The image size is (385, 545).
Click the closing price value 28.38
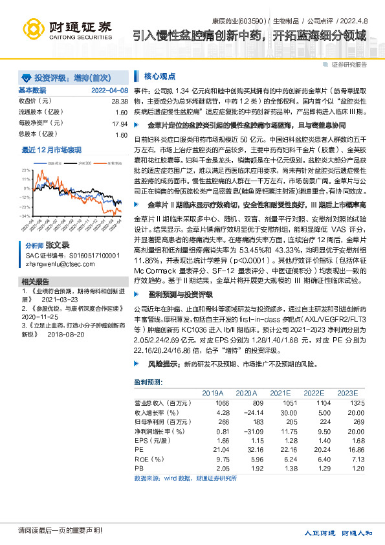tap(119, 102)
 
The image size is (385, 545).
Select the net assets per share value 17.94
tap(119, 124)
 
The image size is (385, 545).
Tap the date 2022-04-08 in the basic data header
tap(109, 91)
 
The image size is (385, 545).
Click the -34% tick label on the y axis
tap(26, 216)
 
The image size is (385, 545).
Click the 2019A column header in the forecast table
tap(212, 393)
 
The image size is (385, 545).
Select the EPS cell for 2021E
tap(280, 439)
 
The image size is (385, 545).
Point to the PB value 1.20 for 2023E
tap(349, 466)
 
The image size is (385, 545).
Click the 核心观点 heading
tap(160, 76)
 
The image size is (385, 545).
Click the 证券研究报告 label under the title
tap(349, 65)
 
